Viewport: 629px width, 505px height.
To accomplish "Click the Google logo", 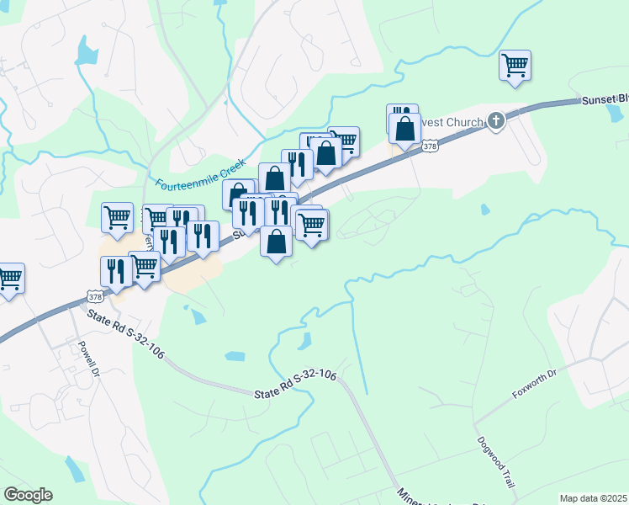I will [28, 494].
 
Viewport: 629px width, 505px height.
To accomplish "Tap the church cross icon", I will [496, 121].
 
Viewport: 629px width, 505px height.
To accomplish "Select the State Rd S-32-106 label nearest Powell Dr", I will [126, 335].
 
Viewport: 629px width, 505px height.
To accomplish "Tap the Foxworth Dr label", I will [535, 384].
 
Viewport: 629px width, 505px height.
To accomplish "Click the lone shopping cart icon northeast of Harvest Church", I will [515, 65].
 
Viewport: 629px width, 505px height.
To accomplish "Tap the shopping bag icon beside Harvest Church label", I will [405, 129].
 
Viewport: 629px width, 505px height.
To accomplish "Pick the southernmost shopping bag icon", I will [277, 241].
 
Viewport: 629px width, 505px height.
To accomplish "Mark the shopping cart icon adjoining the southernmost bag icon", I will [312, 225].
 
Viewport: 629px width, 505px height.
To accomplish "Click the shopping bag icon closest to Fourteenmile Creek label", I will [239, 195].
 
